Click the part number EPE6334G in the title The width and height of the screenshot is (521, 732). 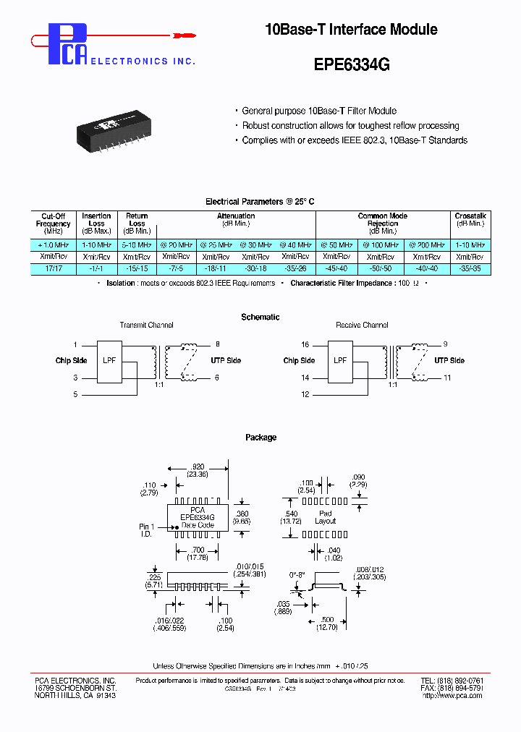352,64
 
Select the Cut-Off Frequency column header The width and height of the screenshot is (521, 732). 53,224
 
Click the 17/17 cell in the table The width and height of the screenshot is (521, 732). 53,268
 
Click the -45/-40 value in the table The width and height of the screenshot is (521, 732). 337,268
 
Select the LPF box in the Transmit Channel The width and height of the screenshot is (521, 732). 110,360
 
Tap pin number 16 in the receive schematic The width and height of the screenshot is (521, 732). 305,344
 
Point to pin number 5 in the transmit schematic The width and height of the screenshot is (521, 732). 75,394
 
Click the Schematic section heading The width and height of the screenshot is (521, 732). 260,317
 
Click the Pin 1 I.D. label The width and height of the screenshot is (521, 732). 148,530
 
